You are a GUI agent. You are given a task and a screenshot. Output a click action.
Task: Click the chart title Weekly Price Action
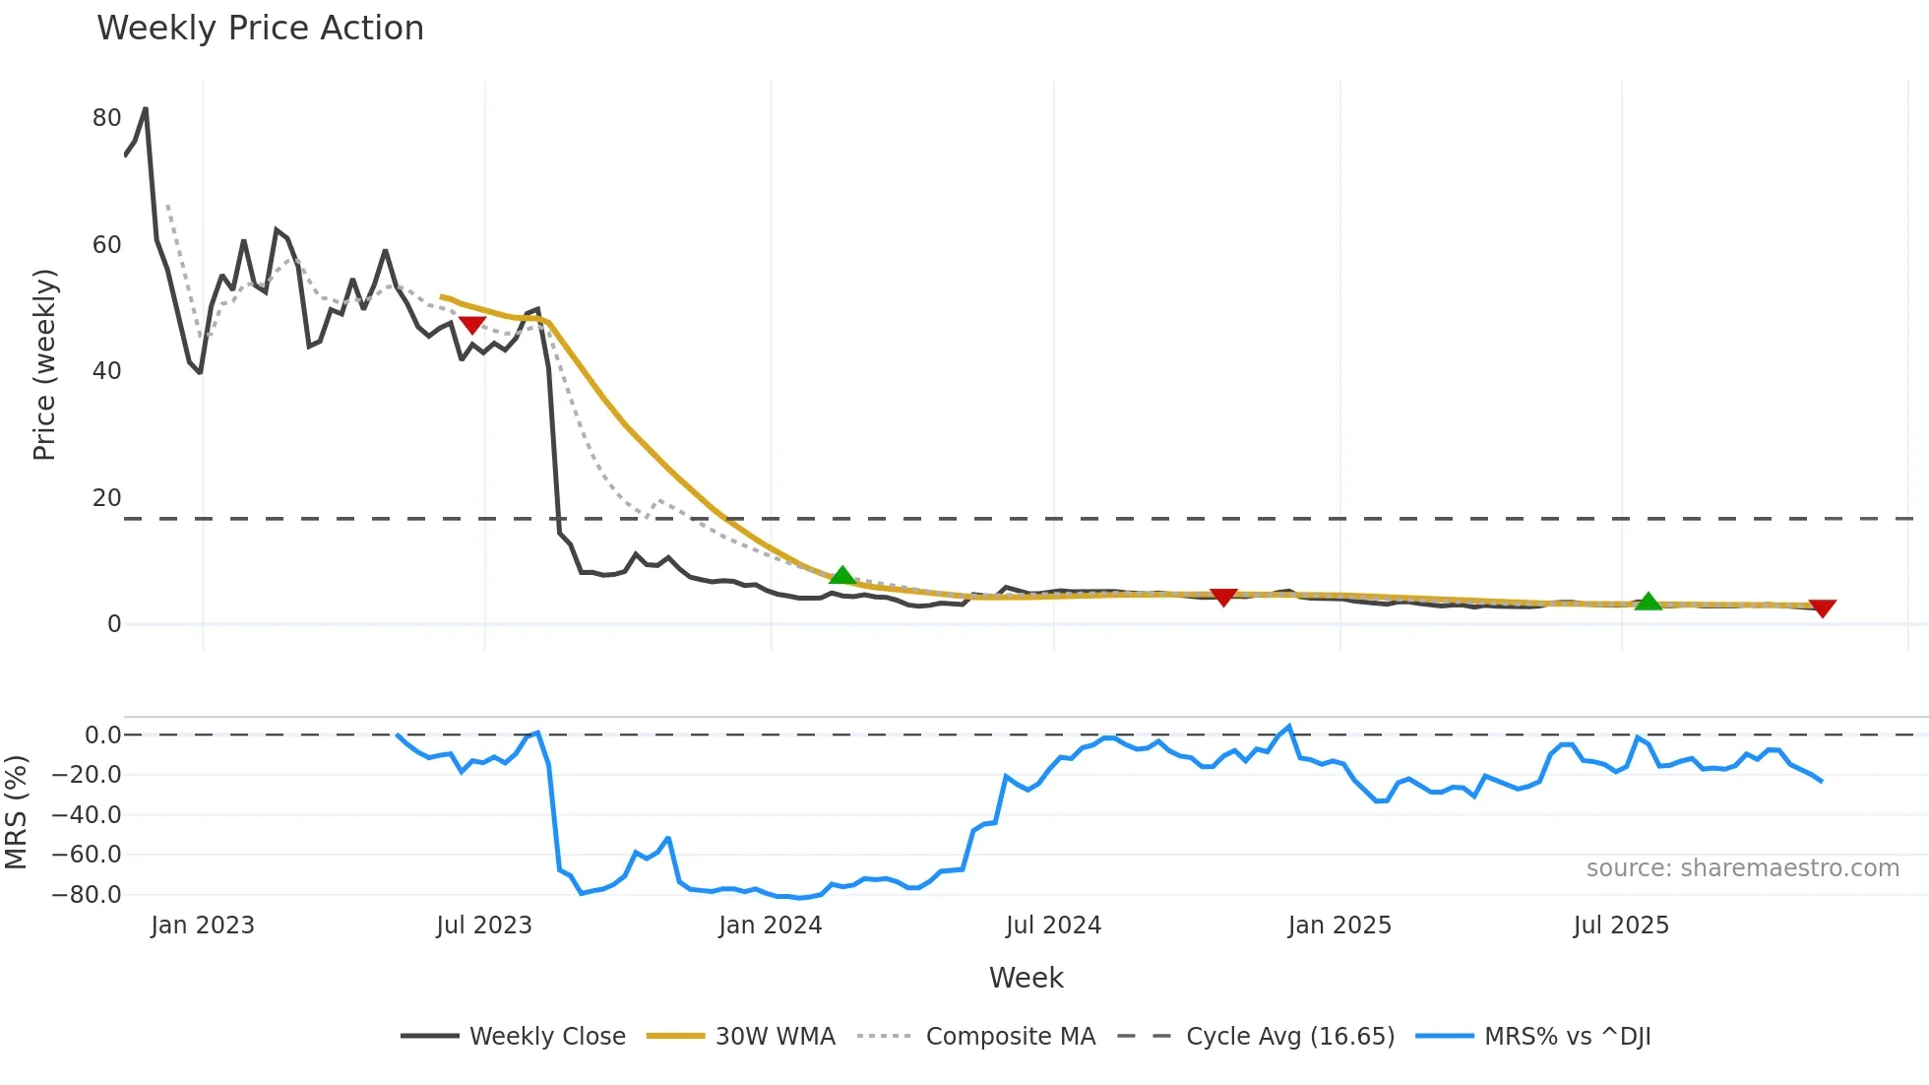coord(260,29)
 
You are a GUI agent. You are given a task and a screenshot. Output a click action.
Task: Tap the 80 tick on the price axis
coord(106,118)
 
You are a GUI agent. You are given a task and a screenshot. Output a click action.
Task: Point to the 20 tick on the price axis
coord(106,498)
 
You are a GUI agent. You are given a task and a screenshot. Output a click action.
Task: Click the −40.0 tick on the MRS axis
coord(87,815)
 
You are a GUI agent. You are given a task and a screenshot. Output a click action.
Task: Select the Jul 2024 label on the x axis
coord(1053,925)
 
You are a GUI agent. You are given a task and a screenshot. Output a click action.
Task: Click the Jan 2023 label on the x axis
coord(203,925)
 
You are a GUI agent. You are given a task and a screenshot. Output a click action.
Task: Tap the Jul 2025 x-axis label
coord(1621,925)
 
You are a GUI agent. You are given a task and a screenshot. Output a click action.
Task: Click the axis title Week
coord(1026,978)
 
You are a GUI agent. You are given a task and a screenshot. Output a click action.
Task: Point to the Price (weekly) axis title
coord(44,364)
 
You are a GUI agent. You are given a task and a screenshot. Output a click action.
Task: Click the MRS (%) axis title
coord(17,812)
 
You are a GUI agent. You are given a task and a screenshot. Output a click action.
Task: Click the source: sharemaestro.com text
coord(1742,868)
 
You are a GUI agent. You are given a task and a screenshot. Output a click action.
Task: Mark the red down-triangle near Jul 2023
coord(471,325)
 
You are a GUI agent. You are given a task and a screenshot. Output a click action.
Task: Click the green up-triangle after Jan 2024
coord(842,575)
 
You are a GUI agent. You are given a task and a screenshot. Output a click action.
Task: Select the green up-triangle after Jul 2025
coord(1648,601)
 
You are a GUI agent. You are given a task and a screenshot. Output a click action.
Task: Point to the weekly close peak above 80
coord(146,108)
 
